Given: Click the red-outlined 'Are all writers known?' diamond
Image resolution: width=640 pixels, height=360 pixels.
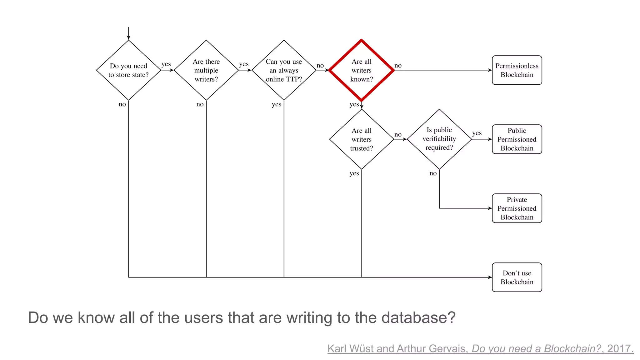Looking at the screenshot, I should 361,70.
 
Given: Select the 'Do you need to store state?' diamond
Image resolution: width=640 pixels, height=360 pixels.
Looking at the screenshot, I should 128,70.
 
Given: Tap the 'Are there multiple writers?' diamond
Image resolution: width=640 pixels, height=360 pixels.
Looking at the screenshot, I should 206,70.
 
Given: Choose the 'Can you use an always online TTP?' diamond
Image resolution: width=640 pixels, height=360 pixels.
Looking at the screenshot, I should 284,70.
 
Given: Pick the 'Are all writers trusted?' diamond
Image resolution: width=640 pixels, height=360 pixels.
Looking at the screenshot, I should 361,139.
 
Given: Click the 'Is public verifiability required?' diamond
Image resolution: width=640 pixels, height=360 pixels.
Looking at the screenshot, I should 439,139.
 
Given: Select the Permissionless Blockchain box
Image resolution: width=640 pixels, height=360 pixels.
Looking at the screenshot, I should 517,70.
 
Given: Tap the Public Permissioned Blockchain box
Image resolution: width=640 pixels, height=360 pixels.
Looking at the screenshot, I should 517,139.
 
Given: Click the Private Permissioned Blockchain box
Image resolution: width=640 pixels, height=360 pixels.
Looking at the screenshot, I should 517,208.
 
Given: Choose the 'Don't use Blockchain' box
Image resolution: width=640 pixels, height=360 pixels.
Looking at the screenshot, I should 517,277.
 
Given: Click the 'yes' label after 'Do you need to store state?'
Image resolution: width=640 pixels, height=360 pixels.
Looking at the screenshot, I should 166,64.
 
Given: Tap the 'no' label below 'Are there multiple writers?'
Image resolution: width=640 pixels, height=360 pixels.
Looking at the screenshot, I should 200,104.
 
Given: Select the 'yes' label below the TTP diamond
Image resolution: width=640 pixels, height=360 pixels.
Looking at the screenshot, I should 276,104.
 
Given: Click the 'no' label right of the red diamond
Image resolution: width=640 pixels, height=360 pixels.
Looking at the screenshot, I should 398,66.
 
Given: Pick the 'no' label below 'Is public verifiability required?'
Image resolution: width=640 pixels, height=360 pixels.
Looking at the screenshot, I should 433,173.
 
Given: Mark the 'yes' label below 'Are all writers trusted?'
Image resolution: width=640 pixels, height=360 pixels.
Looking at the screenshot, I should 354,173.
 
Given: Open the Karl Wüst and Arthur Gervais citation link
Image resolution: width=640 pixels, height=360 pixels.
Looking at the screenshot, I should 480,348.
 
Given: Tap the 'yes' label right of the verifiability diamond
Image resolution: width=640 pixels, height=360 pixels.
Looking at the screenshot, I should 477,133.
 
